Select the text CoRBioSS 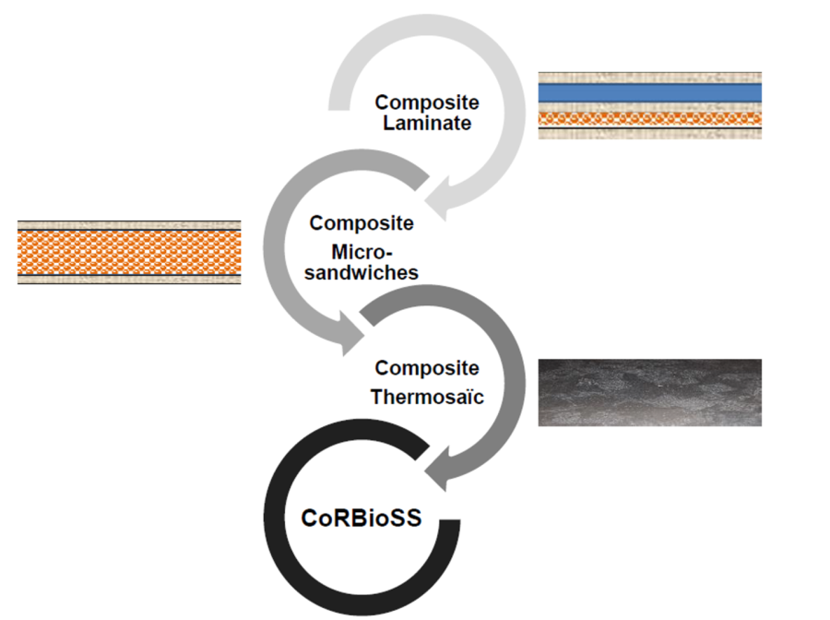tap(362, 519)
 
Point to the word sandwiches tap(362, 272)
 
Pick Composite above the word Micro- tap(362, 222)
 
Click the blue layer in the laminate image tap(649, 92)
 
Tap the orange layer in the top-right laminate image tap(649, 118)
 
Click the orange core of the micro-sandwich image tap(129, 251)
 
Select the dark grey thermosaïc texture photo tap(649, 392)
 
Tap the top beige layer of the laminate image tap(649, 77)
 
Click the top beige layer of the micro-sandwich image tap(129, 224)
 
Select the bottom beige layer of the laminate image tap(649, 133)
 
